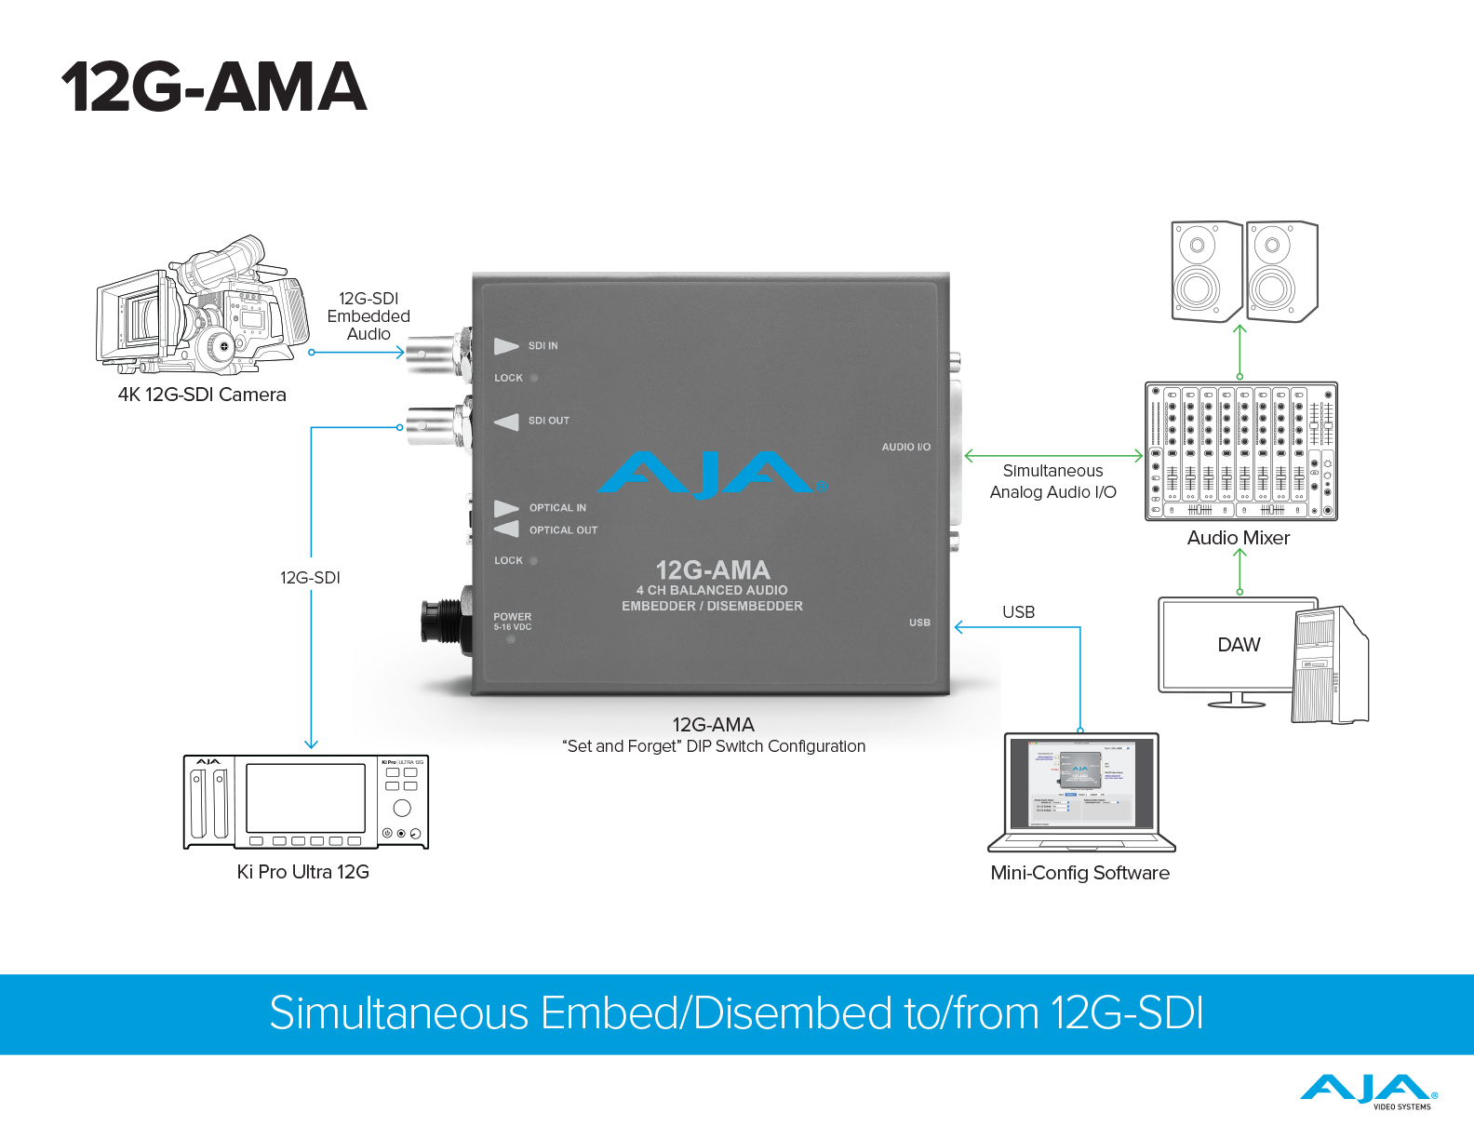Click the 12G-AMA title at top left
click(x=214, y=87)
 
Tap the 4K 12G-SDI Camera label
click(x=202, y=395)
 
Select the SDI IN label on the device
click(x=543, y=346)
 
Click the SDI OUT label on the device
click(x=548, y=421)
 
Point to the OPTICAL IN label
click(x=557, y=508)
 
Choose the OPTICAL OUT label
click(x=563, y=530)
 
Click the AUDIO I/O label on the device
click(x=905, y=448)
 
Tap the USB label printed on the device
click(x=919, y=623)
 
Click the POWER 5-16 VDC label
click(x=513, y=622)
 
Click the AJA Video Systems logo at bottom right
click(x=1368, y=1092)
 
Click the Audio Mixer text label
click(x=1238, y=538)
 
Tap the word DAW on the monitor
click(x=1239, y=645)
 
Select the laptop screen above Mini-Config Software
click(x=1081, y=783)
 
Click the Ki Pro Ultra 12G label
click(x=303, y=872)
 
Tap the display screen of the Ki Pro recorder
click(x=305, y=798)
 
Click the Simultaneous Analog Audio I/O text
click(x=1052, y=481)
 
